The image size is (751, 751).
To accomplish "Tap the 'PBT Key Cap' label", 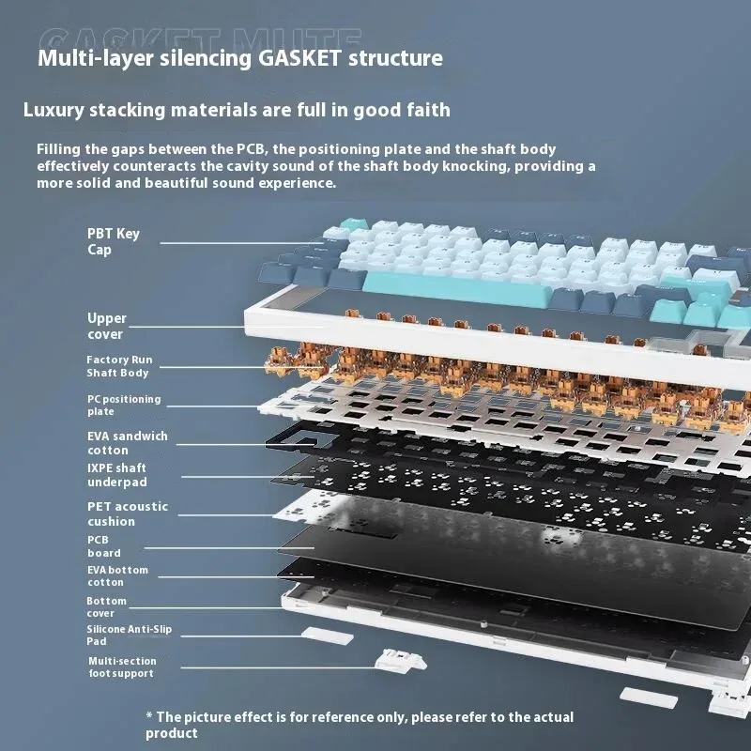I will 113,241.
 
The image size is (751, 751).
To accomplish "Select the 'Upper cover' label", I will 106,326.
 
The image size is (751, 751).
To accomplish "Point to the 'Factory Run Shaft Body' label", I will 119,366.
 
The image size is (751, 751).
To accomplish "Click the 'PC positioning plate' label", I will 123,405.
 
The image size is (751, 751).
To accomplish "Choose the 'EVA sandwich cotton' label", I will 127,443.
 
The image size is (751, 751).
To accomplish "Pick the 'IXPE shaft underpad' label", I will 116,474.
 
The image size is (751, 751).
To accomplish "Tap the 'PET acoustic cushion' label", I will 128,513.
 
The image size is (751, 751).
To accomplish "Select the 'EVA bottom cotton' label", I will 117,575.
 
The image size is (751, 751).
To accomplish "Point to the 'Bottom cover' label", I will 106,606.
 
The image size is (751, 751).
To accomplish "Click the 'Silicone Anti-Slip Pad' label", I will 130,635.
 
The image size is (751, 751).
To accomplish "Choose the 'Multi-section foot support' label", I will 122,667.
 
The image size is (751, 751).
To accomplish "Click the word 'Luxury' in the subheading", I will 53,110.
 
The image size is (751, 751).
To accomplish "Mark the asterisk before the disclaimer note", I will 149,716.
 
